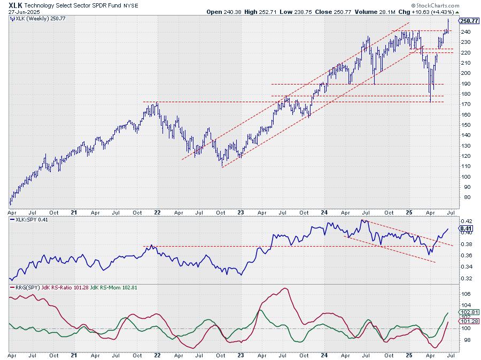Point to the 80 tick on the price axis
click(463, 197)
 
